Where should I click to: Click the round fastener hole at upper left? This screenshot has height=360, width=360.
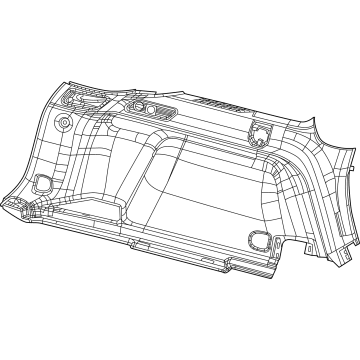click(63, 123)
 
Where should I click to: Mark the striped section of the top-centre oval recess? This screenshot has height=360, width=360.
click(150, 110)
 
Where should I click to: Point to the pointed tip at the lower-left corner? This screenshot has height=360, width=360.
click(7, 201)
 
